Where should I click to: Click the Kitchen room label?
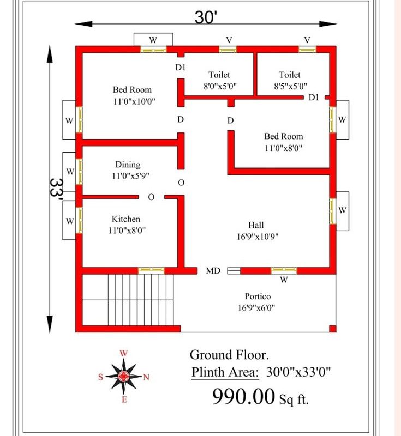pyautogui.click(x=126, y=219)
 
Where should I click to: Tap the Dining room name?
pyautogui.click(x=128, y=165)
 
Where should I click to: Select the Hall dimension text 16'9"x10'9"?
pyautogui.click(x=258, y=237)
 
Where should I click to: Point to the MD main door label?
pyautogui.click(x=213, y=270)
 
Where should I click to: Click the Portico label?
pyautogui.click(x=258, y=296)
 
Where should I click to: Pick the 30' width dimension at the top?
pyautogui.click(x=206, y=17)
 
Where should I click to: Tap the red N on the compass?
pyautogui.click(x=146, y=377)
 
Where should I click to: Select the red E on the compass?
pyautogui.click(x=124, y=399)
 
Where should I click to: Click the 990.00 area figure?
pyautogui.click(x=243, y=396)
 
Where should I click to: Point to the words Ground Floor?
pyautogui.click(x=229, y=355)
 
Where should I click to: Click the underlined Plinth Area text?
pyautogui.click(x=225, y=372)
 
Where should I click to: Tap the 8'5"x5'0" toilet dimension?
pyautogui.click(x=291, y=86)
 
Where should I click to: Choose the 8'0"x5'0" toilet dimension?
pyautogui.click(x=220, y=86)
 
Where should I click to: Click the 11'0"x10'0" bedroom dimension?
pyautogui.click(x=134, y=101)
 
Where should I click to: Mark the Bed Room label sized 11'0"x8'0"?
pyautogui.click(x=284, y=136)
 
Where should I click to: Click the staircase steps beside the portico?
pyautogui.click(x=141, y=299)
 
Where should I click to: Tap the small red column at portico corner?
pyautogui.click(x=333, y=329)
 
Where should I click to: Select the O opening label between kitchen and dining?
pyautogui.click(x=151, y=197)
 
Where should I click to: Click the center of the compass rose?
pyautogui.click(x=123, y=377)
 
